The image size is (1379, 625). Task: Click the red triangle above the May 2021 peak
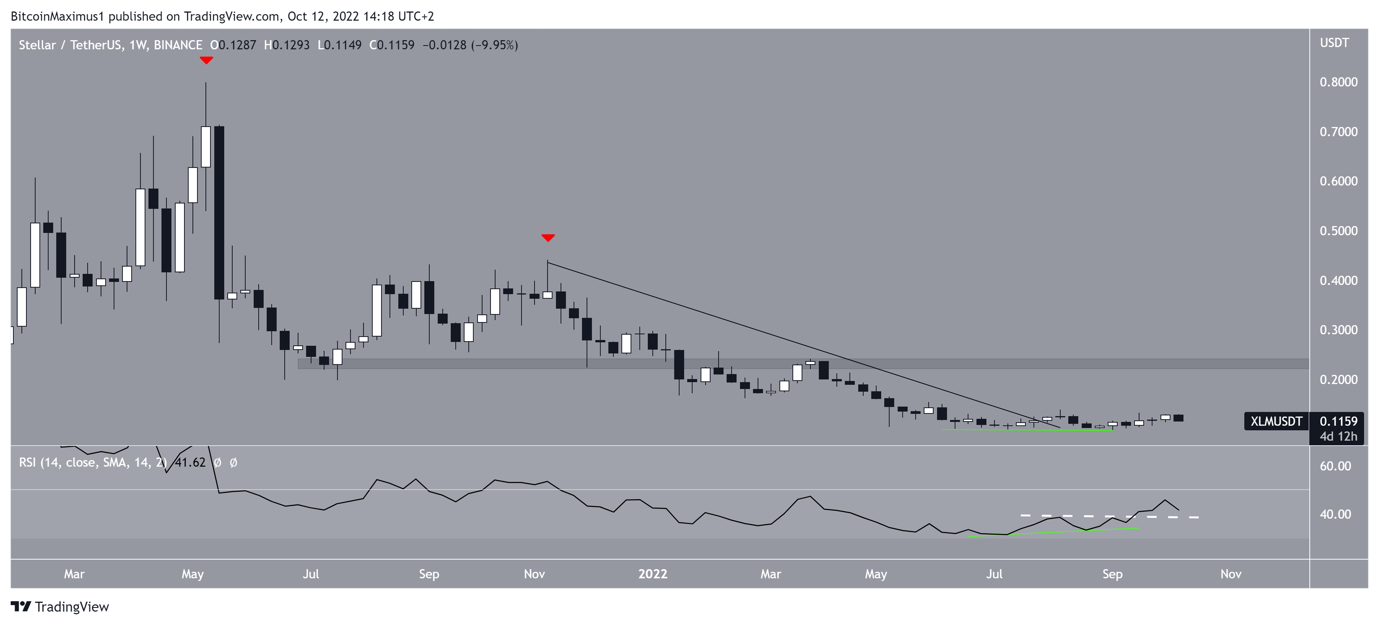206,60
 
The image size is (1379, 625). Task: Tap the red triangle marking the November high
548,237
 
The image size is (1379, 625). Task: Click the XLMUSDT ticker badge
1276,421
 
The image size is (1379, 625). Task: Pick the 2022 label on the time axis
652,574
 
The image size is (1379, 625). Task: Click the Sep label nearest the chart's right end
1112,574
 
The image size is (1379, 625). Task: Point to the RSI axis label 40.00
1335,514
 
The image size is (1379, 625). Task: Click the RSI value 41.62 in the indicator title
190,462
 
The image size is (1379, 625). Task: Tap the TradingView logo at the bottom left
60,606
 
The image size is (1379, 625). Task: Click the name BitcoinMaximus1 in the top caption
57,16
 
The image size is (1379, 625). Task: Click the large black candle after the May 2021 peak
219,212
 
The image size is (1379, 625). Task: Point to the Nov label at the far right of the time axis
1230,574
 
